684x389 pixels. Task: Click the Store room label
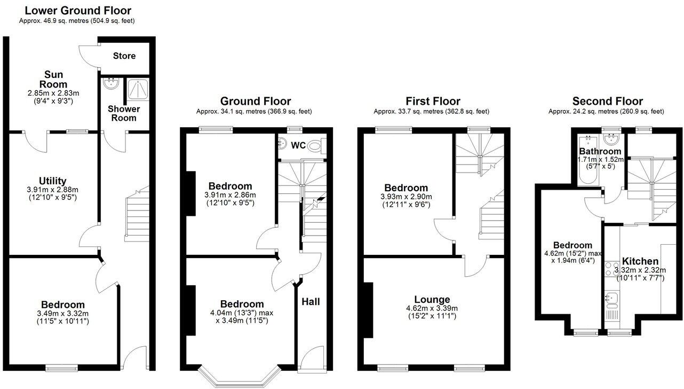point(124,56)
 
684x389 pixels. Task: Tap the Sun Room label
point(55,79)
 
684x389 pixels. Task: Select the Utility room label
point(52,181)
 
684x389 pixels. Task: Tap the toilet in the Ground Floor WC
point(316,145)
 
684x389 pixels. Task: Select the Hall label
point(311,302)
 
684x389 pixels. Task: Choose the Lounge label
point(432,299)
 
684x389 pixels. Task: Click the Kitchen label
point(640,261)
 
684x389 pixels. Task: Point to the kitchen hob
point(611,269)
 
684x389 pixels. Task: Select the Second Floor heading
point(607,102)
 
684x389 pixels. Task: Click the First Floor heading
point(433,102)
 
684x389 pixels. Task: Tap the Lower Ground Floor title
point(78,11)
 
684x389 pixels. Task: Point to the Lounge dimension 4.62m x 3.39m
point(432,308)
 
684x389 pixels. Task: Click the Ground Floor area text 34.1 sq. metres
point(253,112)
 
